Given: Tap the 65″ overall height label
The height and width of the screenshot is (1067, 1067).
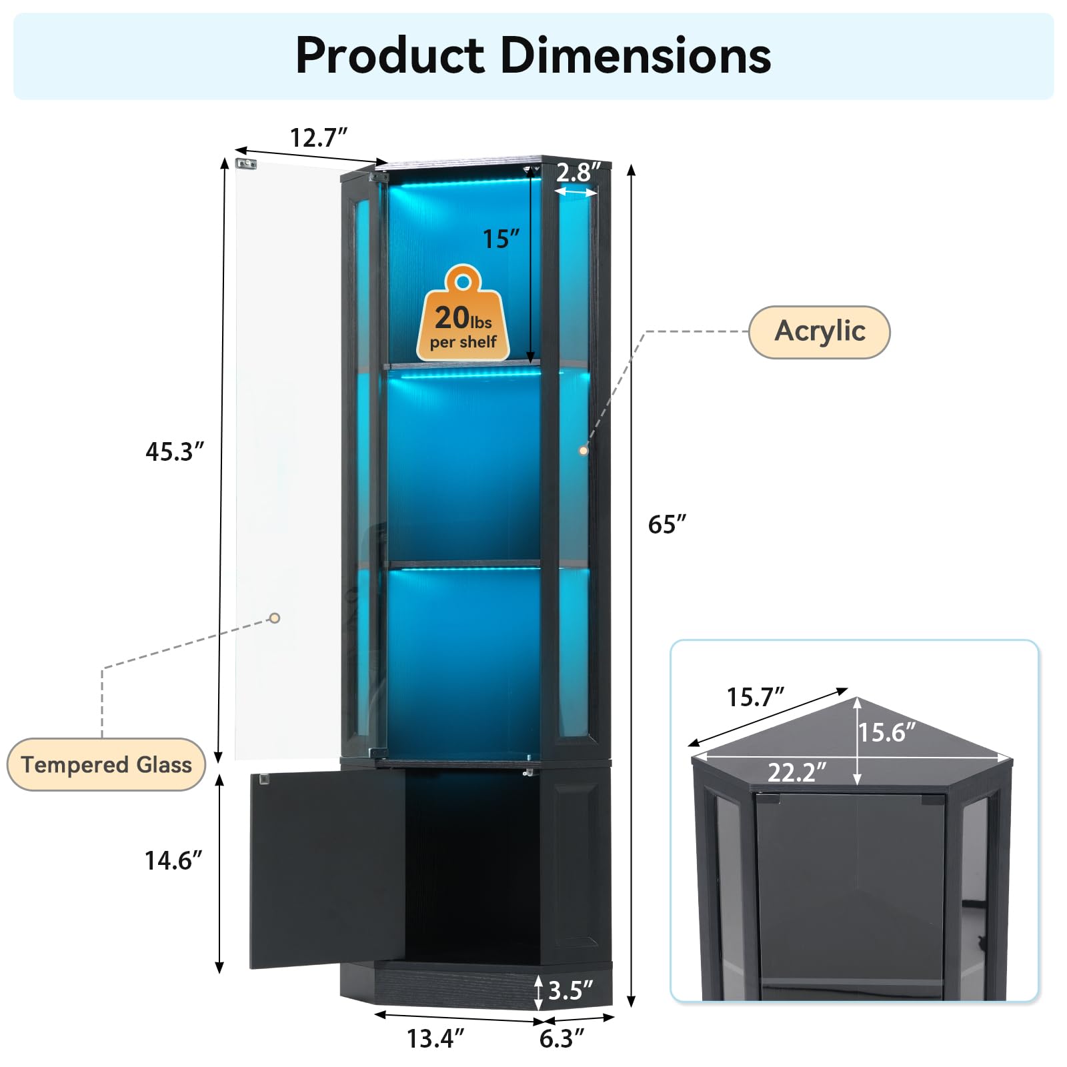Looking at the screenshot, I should [x=666, y=525].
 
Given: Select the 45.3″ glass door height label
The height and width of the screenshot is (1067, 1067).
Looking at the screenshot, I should [x=174, y=451].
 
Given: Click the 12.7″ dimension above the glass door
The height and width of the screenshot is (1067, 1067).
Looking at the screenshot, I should [x=318, y=138].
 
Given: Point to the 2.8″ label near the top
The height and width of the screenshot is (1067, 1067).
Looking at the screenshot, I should [x=578, y=172].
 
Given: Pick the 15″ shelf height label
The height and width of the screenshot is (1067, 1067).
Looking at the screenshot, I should [x=500, y=239].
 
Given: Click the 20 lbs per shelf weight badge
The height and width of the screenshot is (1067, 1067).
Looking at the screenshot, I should [x=463, y=317].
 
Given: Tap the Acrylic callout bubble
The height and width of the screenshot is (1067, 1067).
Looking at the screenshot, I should [x=819, y=331].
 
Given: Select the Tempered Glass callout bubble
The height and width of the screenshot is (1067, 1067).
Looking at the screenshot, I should [x=106, y=764].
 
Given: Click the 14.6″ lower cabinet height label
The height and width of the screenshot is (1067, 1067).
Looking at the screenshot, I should [x=173, y=860].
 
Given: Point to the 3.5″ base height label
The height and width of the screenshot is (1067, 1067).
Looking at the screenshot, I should [x=570, y=990].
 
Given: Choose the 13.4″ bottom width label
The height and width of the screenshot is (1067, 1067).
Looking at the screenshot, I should [x=435, y=1038].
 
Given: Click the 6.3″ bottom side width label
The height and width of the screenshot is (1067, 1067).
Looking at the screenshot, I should [x=561, y=1038].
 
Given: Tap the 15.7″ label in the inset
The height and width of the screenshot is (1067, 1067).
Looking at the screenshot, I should [x=754, y=698].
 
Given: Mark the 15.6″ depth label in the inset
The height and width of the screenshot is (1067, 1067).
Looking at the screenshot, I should [x=886, y=732].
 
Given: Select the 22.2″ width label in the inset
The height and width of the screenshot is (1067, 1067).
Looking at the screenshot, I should [x=796, y=773].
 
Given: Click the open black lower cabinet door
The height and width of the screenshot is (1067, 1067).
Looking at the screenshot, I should [x=327, y=867].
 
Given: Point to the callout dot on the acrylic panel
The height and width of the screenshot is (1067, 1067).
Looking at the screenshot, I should [x=584, y=451].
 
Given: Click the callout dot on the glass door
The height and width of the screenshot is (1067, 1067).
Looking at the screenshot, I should [x=275, y=618].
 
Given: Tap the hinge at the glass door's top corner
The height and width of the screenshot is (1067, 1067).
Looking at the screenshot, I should [x=246, y=163].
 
